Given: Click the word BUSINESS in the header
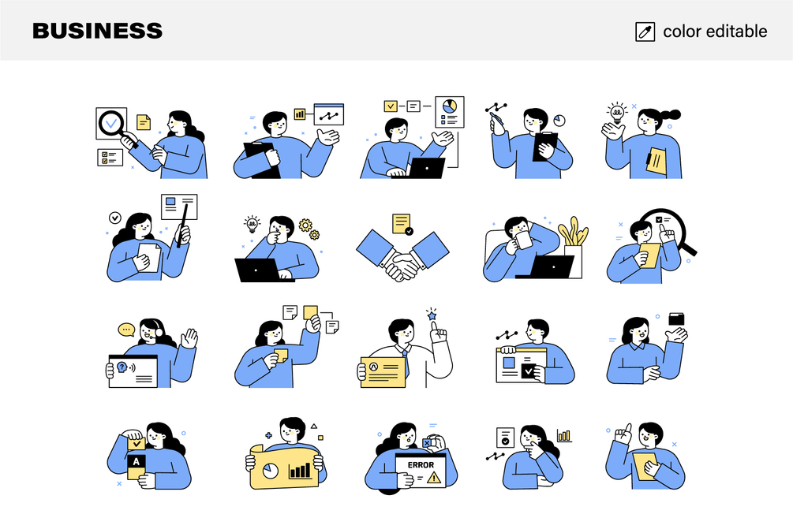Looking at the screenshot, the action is click(98, 31).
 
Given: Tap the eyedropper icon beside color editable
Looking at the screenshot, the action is click(645, 32).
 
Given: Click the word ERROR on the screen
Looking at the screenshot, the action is click(421, 465).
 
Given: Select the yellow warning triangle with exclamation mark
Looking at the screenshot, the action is click(433, 476).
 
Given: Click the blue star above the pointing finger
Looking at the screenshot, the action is click(432, 316).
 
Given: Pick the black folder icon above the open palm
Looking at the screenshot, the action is click(676, 319).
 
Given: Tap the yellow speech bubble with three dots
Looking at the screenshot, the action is click(126, 330).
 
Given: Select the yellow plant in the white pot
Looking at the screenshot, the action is click(574, 233).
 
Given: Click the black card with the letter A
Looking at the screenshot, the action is click(136, 461).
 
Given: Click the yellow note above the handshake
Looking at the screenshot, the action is click(402, 224).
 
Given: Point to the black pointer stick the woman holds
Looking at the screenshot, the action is click(182, 225).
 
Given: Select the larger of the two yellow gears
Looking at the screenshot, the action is click(305, 225).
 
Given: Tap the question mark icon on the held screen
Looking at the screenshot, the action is click(122, 367).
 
